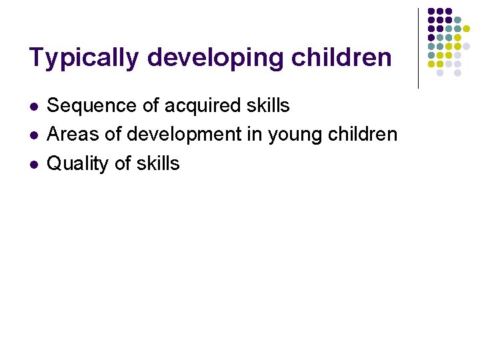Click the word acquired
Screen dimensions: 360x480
[x=205, y=106]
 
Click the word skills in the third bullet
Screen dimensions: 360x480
[x=160, y=163]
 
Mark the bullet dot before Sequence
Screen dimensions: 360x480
[x=33, y=107]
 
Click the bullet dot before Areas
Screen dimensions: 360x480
[x=33, y=135]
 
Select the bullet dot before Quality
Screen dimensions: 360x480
[x=33, y=165]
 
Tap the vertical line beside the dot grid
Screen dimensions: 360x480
[x=418, y=48]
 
